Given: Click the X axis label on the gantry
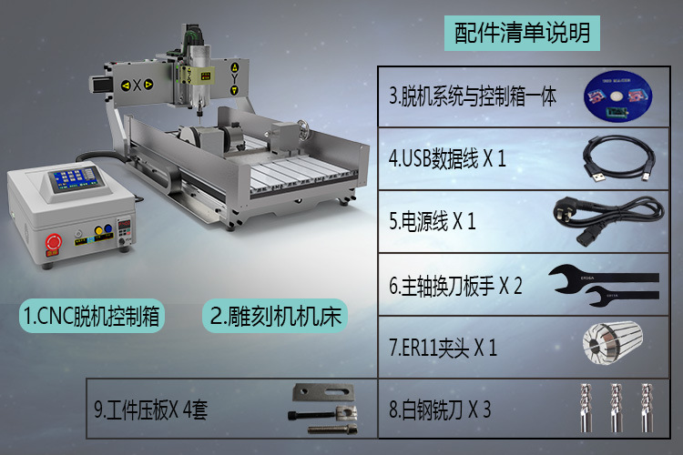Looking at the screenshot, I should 138,86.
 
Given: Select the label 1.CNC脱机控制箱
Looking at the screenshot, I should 91,317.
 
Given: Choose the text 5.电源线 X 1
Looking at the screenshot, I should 433,221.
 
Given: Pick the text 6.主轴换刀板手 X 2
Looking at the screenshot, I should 455,285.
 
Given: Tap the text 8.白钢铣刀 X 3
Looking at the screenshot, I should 440,409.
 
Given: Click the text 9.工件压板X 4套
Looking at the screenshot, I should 151,409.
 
